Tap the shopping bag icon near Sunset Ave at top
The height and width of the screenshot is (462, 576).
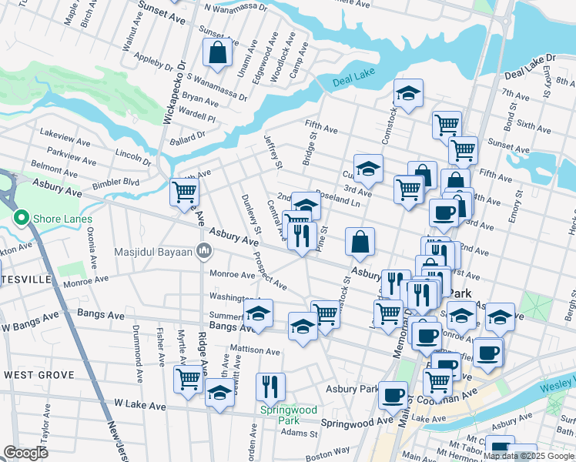(x=218, y=52)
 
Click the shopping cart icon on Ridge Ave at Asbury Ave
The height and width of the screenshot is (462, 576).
(x=184, y=191)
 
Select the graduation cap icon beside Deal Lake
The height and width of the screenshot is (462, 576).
(x=407, y=94)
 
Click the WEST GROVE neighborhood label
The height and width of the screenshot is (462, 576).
(x=39, y=375)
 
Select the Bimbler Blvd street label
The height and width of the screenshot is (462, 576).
(x=116, y=182)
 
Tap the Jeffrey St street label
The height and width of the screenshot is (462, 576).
(x=273, y=151)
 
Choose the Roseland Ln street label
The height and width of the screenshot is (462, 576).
(x=337, y=201)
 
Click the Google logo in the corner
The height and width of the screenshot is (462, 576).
(x=25, y=453)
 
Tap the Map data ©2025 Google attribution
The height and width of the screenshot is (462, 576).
(x=529, y=456)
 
